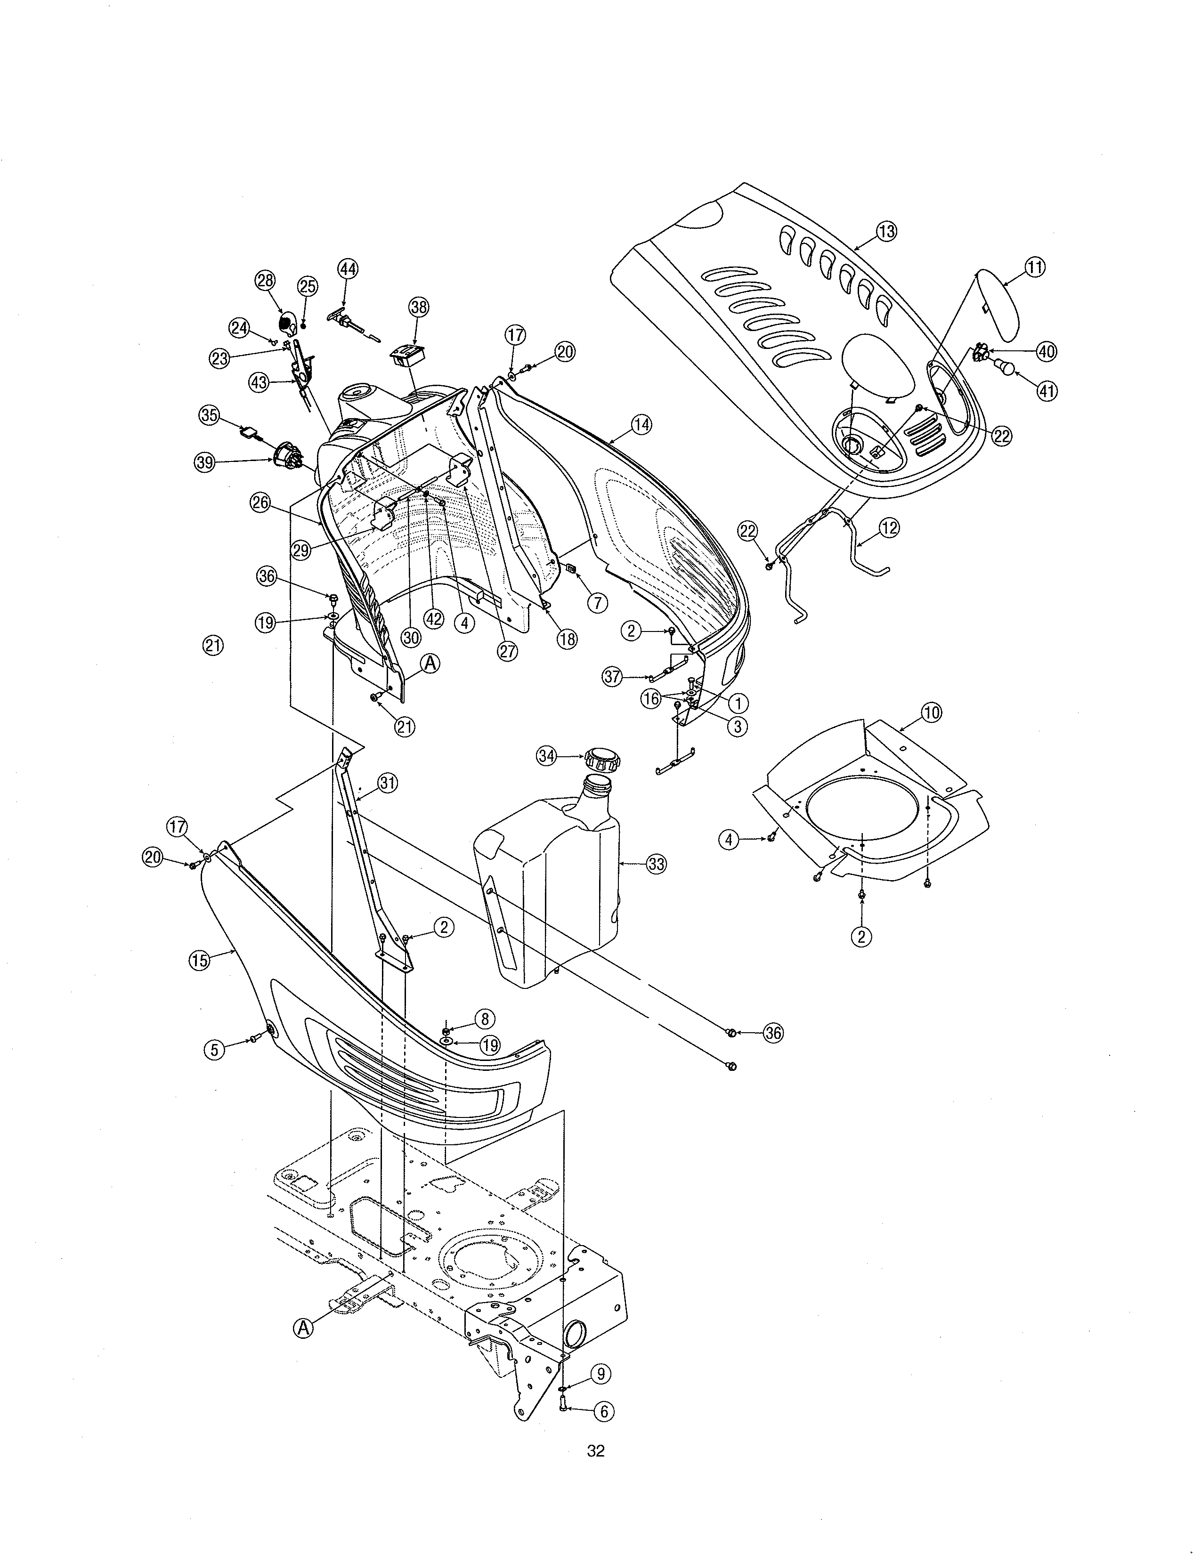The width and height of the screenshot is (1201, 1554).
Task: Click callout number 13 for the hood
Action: click(886, 231)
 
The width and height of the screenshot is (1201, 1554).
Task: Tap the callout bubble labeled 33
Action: click(656, 864)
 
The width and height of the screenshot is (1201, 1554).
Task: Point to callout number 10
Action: click(931, 712)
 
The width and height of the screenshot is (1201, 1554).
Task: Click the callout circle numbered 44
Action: click(347, 269)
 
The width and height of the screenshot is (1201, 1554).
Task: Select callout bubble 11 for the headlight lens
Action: click(1035, 267)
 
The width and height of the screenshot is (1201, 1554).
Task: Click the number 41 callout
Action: click(1046, 391)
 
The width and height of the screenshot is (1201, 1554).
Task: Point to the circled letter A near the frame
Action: click(303, 1328)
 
